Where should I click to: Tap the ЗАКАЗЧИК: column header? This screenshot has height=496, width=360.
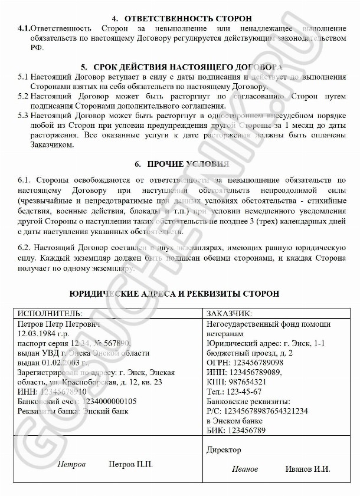[x=229, y=313]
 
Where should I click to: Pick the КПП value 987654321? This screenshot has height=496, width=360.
[x=250, y=381]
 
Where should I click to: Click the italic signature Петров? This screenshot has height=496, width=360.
[x=71, y=464]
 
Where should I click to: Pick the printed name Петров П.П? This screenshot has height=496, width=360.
[x=131, y=464]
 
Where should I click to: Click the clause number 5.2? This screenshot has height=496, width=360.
[x=23, y=95]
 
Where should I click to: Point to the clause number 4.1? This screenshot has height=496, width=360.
[x=24, y=28]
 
